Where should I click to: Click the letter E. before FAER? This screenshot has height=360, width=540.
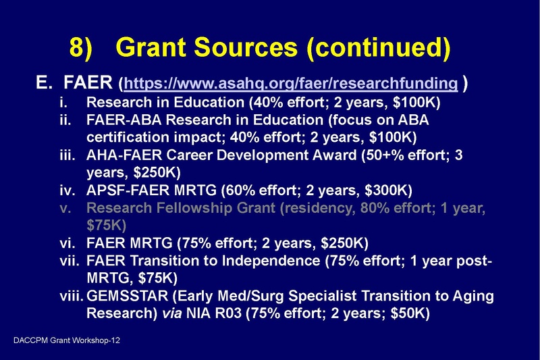coord(45,84)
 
